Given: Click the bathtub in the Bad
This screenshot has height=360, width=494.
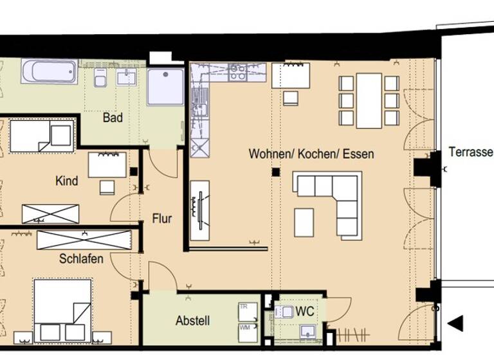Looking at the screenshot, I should (x=49, y=71).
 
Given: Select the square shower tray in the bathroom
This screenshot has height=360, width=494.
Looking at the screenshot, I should (x=165, y=87).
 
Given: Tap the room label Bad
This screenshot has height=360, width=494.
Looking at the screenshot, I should (x=113, y=118).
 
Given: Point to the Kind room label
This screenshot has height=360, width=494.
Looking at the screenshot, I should (x=66, y=181).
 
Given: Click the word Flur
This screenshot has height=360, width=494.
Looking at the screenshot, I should (x=161, y=219).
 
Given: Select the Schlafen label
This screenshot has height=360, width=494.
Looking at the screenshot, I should (x=78, y=259).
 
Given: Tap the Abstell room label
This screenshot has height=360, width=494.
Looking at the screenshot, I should (x=193, y=321).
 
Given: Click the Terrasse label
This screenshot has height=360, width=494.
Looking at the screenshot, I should (x=470, y=152).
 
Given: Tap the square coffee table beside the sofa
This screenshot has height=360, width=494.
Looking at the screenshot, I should (x=304, y=222).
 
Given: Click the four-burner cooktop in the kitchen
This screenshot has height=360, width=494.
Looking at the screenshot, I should (x=237, y=72).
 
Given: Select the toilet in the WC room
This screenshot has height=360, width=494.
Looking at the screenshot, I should (x=284, y=312).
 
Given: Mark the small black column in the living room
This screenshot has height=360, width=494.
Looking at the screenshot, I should (x=275, y=172).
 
